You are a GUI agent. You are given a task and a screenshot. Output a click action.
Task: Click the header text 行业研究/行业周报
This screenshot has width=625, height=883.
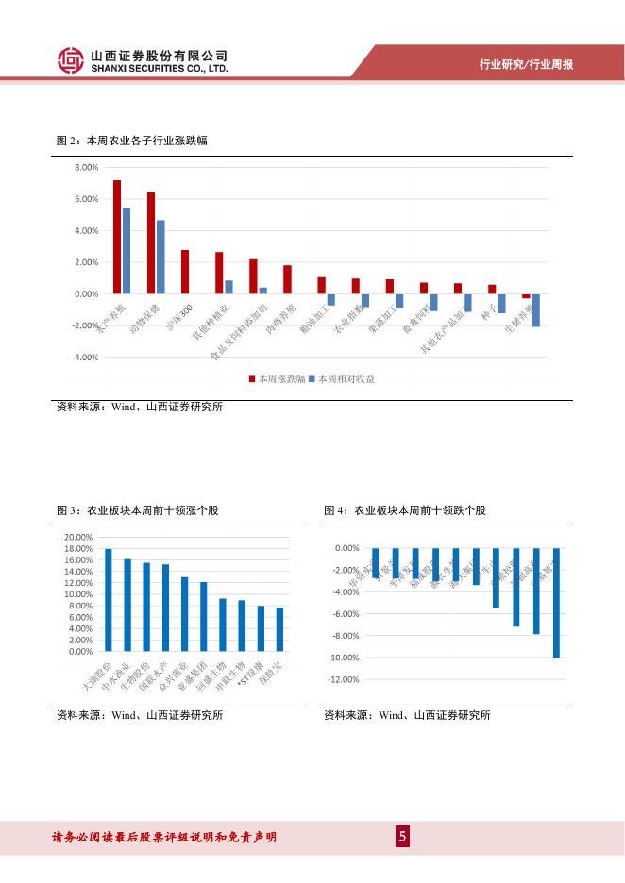click(526, 65)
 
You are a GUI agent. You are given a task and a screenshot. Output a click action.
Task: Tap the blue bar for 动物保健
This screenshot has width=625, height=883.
click(160, 257)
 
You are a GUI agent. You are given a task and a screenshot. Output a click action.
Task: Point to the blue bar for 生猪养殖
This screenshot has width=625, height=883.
click(535, 310)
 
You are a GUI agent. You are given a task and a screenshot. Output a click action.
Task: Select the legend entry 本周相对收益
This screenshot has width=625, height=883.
click(348, 378)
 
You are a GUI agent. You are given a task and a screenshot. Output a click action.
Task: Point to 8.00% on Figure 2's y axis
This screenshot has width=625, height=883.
click(86, 167)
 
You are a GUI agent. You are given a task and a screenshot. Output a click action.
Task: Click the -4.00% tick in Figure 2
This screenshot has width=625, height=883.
click(85, 358)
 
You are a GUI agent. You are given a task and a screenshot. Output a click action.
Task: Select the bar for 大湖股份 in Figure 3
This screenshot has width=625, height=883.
click(109, 600)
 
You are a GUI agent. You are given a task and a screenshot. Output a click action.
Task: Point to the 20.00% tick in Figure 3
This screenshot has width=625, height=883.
click(78, 537)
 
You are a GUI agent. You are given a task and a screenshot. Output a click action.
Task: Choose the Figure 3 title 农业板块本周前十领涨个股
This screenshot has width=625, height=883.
click(152, 510)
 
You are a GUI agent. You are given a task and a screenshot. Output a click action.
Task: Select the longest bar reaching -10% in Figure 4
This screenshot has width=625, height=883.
click(556, 603)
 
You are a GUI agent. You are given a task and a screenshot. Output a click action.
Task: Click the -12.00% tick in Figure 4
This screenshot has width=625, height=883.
click(345, 679)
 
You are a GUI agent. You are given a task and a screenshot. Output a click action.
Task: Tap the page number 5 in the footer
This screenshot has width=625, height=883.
click(402, 837)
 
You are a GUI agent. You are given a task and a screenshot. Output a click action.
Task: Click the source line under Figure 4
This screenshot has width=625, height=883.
click(407, 715)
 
